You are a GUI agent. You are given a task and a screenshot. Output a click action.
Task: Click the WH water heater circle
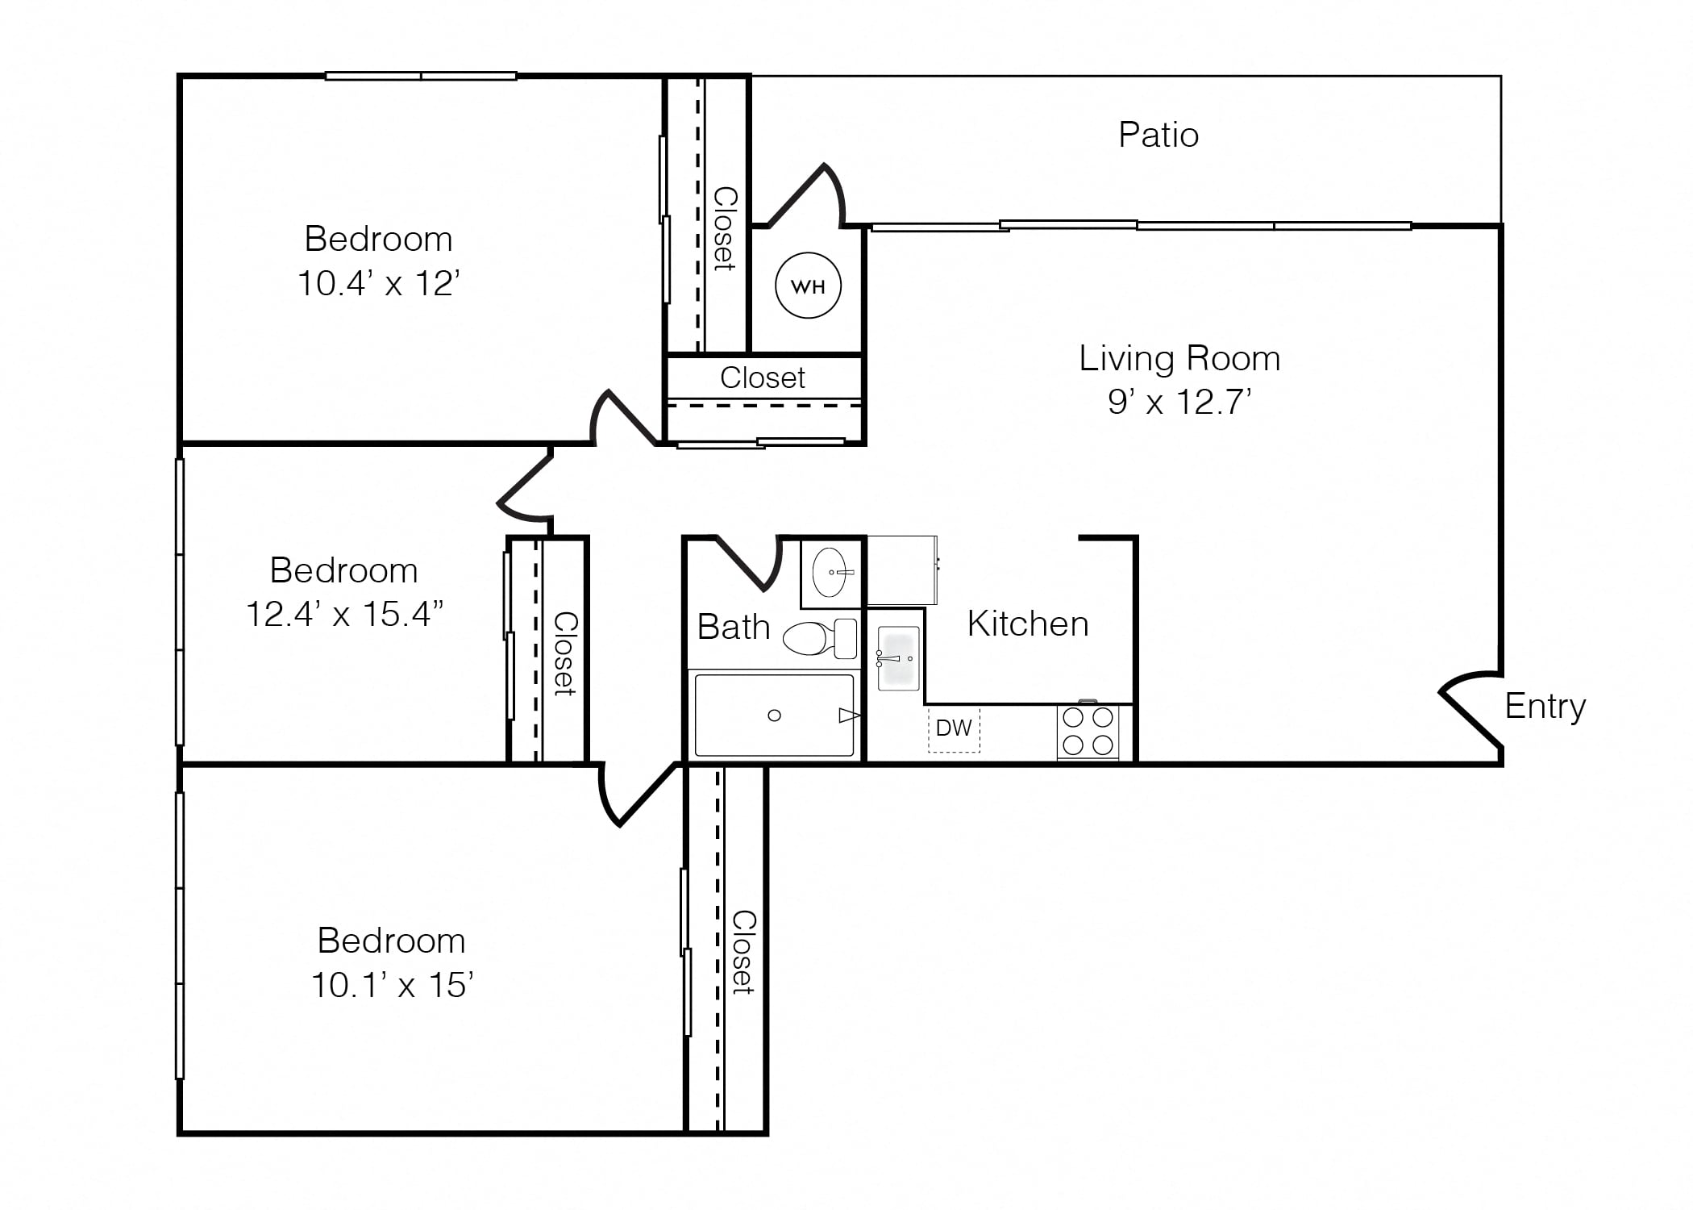(808, 286)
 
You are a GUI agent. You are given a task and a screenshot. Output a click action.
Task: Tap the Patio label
(1158, 135)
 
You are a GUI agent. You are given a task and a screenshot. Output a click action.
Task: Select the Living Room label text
(1179, 358)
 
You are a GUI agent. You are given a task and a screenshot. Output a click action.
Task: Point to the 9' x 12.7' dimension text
(1179, 402)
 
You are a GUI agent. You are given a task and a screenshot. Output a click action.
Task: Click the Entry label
(1545, 707)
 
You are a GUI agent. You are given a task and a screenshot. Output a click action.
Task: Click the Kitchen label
(1028, 624)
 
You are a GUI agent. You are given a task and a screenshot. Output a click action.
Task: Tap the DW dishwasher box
(954, 729)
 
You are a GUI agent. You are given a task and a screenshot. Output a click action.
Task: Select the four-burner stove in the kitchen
(1088, 731)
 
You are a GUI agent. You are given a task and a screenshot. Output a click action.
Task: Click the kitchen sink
(898, 658)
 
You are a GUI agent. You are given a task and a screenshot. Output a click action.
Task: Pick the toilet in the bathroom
(820, 638)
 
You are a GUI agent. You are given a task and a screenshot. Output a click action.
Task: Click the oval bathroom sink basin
(831, 573)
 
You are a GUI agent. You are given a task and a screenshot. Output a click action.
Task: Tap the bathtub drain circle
(774, 716)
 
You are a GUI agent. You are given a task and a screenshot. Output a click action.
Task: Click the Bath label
(734, 627)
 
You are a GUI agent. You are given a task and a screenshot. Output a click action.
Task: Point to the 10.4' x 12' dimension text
(379, 283)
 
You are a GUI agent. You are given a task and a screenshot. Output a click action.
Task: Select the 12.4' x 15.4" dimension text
(344, 614)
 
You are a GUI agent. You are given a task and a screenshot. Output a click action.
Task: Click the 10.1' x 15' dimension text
(392, 985)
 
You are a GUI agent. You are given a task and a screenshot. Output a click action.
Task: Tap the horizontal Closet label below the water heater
(763, 378)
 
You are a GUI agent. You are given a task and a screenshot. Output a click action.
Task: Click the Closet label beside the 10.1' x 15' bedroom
(743, 953)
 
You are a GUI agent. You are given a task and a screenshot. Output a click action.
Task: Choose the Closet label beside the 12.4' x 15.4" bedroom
(565, 654)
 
